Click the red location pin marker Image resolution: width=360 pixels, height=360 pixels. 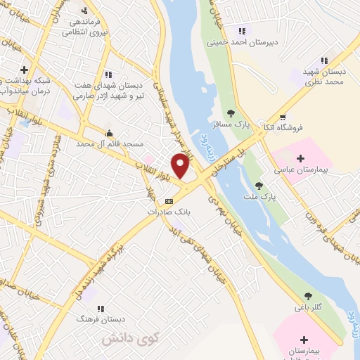[181, 166]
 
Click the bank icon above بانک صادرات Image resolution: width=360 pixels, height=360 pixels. [167, 201]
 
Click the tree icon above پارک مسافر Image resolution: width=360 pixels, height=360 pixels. [231, 112]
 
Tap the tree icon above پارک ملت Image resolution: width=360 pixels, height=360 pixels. [259, 186]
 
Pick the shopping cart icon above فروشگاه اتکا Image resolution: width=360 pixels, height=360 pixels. [282, 117]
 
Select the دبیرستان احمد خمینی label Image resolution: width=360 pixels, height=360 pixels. [243, 41]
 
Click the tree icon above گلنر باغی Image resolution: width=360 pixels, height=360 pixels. [307, 295]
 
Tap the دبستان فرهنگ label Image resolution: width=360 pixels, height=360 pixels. [101, 319]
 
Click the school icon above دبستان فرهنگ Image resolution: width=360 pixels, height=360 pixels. [101, 309]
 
